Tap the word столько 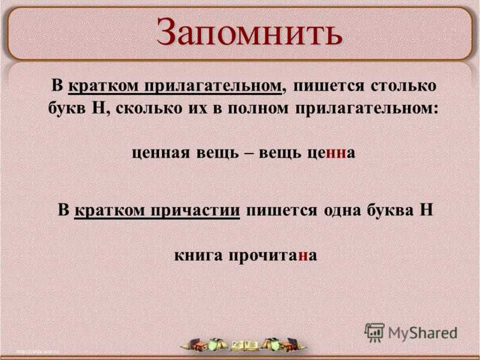[x=404, y=85]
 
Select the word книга [x=199, y=256]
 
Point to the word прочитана [x=273, y=256]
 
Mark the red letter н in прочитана [x=304, y=257]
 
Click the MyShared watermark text [x=422, y=333]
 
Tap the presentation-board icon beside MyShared [x=374, y=332]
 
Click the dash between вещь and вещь [x=248, y=153]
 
